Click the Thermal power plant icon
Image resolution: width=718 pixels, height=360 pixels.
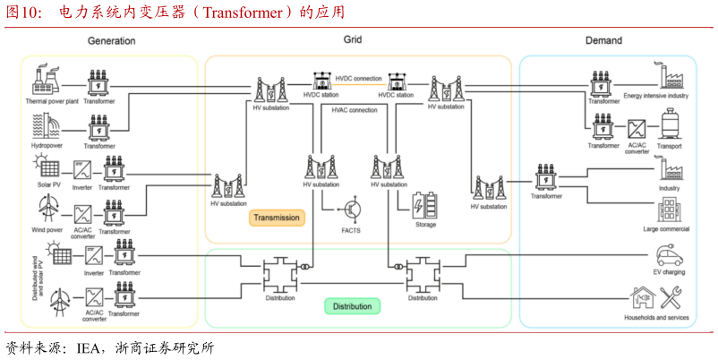coord(46,81)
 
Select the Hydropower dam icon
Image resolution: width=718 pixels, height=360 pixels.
coord(46,125)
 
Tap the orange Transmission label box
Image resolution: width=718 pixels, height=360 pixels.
coord(277,218)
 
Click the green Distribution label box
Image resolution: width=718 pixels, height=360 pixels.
coord(352,306)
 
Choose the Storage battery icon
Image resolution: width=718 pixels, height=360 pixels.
coord(425,207)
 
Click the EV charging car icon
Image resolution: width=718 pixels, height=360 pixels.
coord(669,255)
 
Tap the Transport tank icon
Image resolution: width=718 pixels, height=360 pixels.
coord(669,124)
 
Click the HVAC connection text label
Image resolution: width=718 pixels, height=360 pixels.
coord(355,110)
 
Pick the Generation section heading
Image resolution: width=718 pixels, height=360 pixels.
coord(111,41)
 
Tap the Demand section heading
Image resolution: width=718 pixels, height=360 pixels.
coord(603,40)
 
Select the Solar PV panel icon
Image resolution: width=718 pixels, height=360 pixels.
coord(46,167)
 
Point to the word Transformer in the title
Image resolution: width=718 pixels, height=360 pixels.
coord(244,12)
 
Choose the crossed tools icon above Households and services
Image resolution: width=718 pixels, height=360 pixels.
coord(671,297)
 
